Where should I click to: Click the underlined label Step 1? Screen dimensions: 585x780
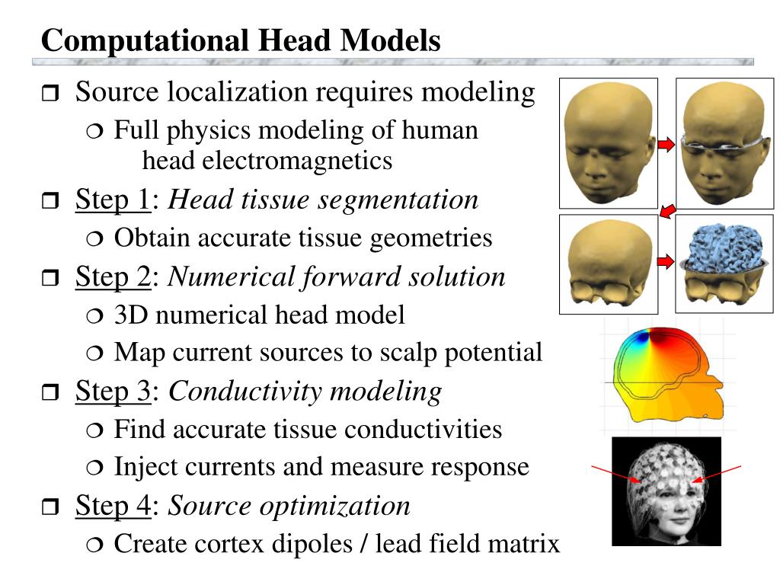coord(113,200)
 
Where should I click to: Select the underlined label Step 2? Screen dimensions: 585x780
coord(113,277)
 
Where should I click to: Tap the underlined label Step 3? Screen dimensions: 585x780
coord(113,392)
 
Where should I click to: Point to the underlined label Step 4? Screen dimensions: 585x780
coord(113,506)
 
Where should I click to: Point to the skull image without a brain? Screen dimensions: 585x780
coord(608,264)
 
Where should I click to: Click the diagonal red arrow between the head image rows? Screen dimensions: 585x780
coord(668,210)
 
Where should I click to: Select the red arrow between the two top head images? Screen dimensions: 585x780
coord(667,145)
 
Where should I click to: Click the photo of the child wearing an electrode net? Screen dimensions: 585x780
coord(667,491)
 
